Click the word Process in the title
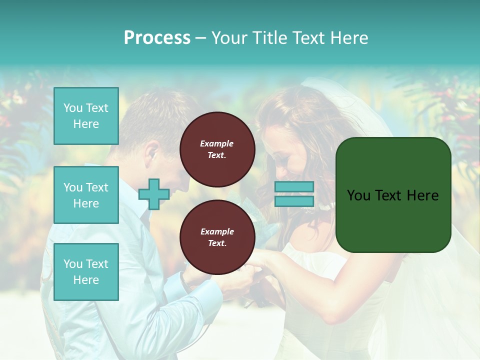click(157, 38)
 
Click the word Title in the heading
click(268, 38)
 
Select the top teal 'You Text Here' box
click(86, 116)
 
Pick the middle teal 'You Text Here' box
click(86, 195)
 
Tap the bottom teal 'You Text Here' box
click(86, 272)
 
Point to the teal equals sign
click(294, 194)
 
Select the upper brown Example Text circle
click(217, 149)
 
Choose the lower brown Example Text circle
click(217, 237)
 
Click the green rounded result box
click(393, 195)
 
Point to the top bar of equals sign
click(294, 187)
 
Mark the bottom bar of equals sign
click(294, 201)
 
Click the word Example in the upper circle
click(217, 143)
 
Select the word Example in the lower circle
click(217, 231)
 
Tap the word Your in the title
click(229, 38)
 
